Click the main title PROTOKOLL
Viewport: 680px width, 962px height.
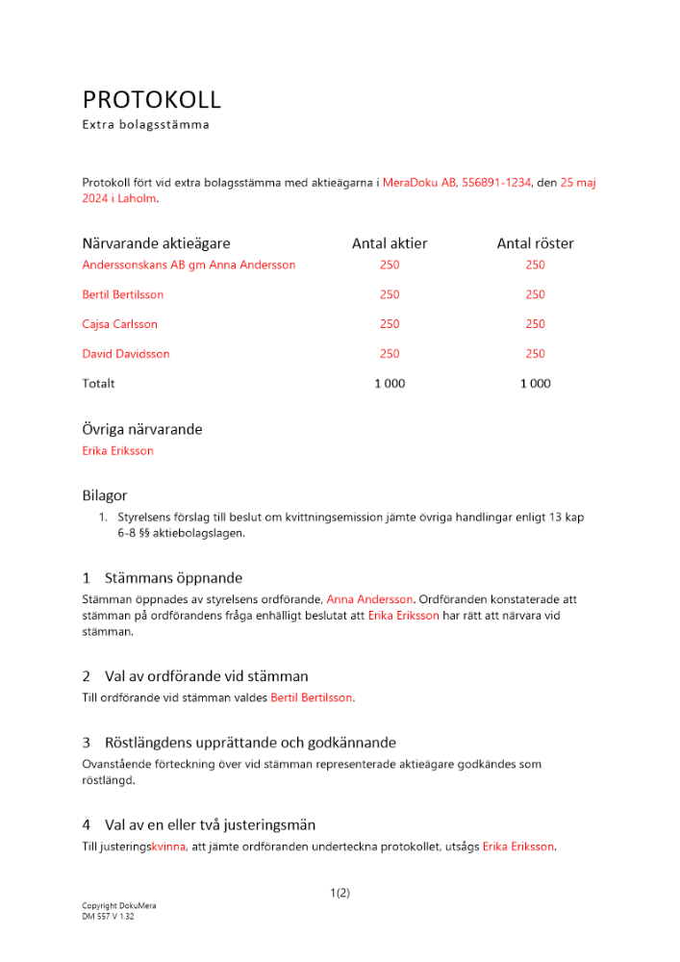click(151, 99)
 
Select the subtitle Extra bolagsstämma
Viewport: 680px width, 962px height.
click(145, 124)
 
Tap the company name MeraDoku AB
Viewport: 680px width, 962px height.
click(419, 182)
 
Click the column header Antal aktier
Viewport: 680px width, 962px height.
click(390, 243)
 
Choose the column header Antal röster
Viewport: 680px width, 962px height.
click(535, 243)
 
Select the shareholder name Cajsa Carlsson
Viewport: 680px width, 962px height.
click(120, 324)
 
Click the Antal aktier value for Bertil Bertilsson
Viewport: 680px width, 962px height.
click(390, 294)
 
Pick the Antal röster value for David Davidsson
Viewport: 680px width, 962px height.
click(535, 354)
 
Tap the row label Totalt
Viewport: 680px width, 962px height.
click(98, 384)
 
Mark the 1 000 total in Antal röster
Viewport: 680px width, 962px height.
click(535, 384)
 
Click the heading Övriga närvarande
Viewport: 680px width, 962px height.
click(142, 429)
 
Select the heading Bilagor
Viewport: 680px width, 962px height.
click(105, 495)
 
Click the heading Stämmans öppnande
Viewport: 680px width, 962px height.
click(173, 578)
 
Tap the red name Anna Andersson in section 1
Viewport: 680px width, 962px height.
click(369, 598)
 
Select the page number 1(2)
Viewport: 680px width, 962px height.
click(340, 893)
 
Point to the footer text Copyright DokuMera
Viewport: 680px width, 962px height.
click(119, 906)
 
